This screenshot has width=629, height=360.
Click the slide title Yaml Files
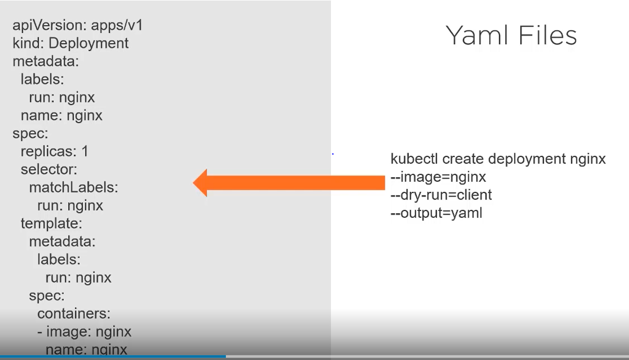point(511,36)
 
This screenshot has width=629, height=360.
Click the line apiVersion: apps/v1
point(77,25)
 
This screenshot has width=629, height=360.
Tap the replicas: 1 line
point(54,152)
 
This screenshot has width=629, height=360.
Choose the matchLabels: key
point(74,188)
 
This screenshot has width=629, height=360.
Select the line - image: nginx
point(84,331)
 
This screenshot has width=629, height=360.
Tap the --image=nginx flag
point(438,177)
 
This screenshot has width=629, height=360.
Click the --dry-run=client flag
point(441,195)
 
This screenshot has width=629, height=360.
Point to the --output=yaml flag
point(436,213)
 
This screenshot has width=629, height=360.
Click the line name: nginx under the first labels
point(62,115)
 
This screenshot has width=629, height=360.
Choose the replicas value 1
point(85,152)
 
